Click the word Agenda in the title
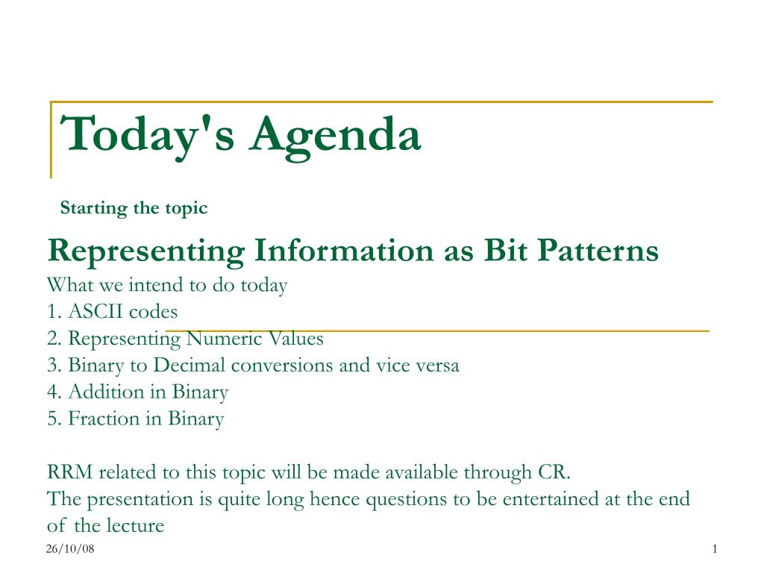pyautogui.click(x=335, y=137)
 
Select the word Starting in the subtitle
pyautogui.click(x=94, y=209)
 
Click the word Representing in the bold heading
pyautogui.click(x=146, y=252)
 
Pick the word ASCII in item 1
pyautogui.click(x=95, y=311)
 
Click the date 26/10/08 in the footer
pyautogui.click(x=70, y=549)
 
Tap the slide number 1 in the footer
pyautogui.click(x=715, y=549)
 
